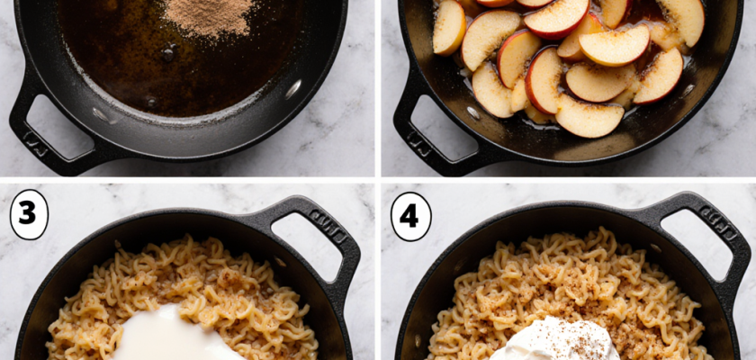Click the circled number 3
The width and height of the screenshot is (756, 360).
(28, 216)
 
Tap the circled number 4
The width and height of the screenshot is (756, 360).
(410, 216)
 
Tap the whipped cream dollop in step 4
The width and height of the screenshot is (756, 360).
(553, 342)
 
